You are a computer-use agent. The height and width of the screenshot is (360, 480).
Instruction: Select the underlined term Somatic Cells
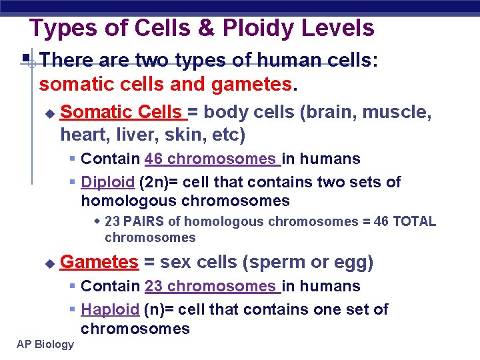click(125, 112)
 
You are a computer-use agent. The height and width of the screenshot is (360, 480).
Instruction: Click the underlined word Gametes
click(99, 262)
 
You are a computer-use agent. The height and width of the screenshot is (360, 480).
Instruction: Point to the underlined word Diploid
click(108, 182)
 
